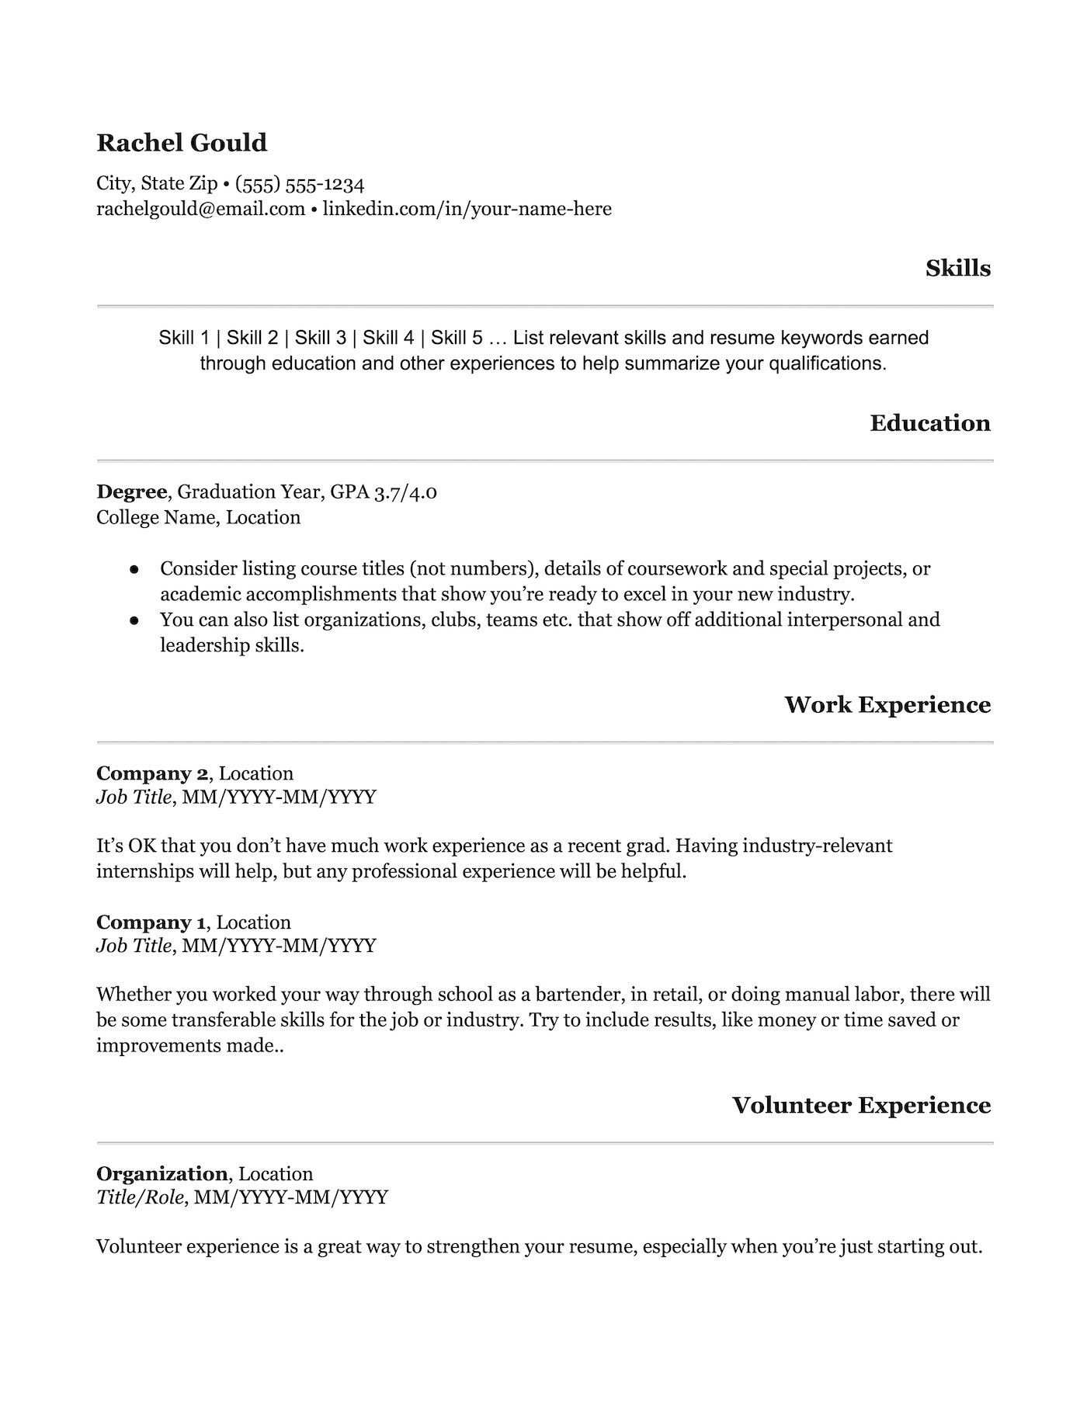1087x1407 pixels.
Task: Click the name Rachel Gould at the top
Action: (x=182, y=143)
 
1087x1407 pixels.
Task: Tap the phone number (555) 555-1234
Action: (x=300, y=184)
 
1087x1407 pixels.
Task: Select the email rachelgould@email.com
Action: (x=200, y=209)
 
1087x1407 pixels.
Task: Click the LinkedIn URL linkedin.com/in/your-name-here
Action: (x=467, y=209)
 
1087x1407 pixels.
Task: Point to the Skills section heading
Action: (x=958, y=269)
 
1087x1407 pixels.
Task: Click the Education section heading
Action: (x=930, y=423)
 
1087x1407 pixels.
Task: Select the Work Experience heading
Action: (x=887, y=705)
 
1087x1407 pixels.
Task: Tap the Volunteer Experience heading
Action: (x=861, y=1106)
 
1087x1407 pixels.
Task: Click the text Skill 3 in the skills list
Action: (x=321, y=338)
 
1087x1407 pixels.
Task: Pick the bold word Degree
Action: (x=131, y=492)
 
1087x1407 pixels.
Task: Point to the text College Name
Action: (x=158, y=517)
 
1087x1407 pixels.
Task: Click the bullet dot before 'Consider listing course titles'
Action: (x=134, y=569)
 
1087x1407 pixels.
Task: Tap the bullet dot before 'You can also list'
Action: (x=134, y=620)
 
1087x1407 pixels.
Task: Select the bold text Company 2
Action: (x=152, y=773)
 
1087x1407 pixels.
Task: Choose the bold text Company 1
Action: (x=151, y=922)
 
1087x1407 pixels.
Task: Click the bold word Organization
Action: (x=161, y=1174)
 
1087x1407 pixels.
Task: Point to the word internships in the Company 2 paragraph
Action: (x=144, y=871)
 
